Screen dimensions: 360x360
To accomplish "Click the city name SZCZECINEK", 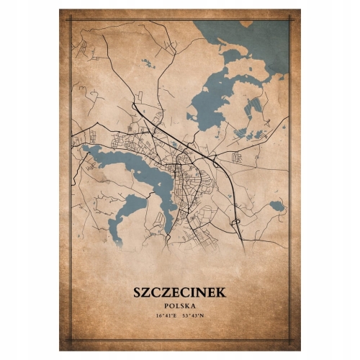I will [x=179, y=292].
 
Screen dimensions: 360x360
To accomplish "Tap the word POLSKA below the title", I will [x=179, y=305].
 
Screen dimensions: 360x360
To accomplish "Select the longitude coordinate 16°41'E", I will [x=163, y=315].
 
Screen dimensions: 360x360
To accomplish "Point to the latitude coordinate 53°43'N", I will [x=195, y=315].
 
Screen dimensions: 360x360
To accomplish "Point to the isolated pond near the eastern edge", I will [x=276, y=206].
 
